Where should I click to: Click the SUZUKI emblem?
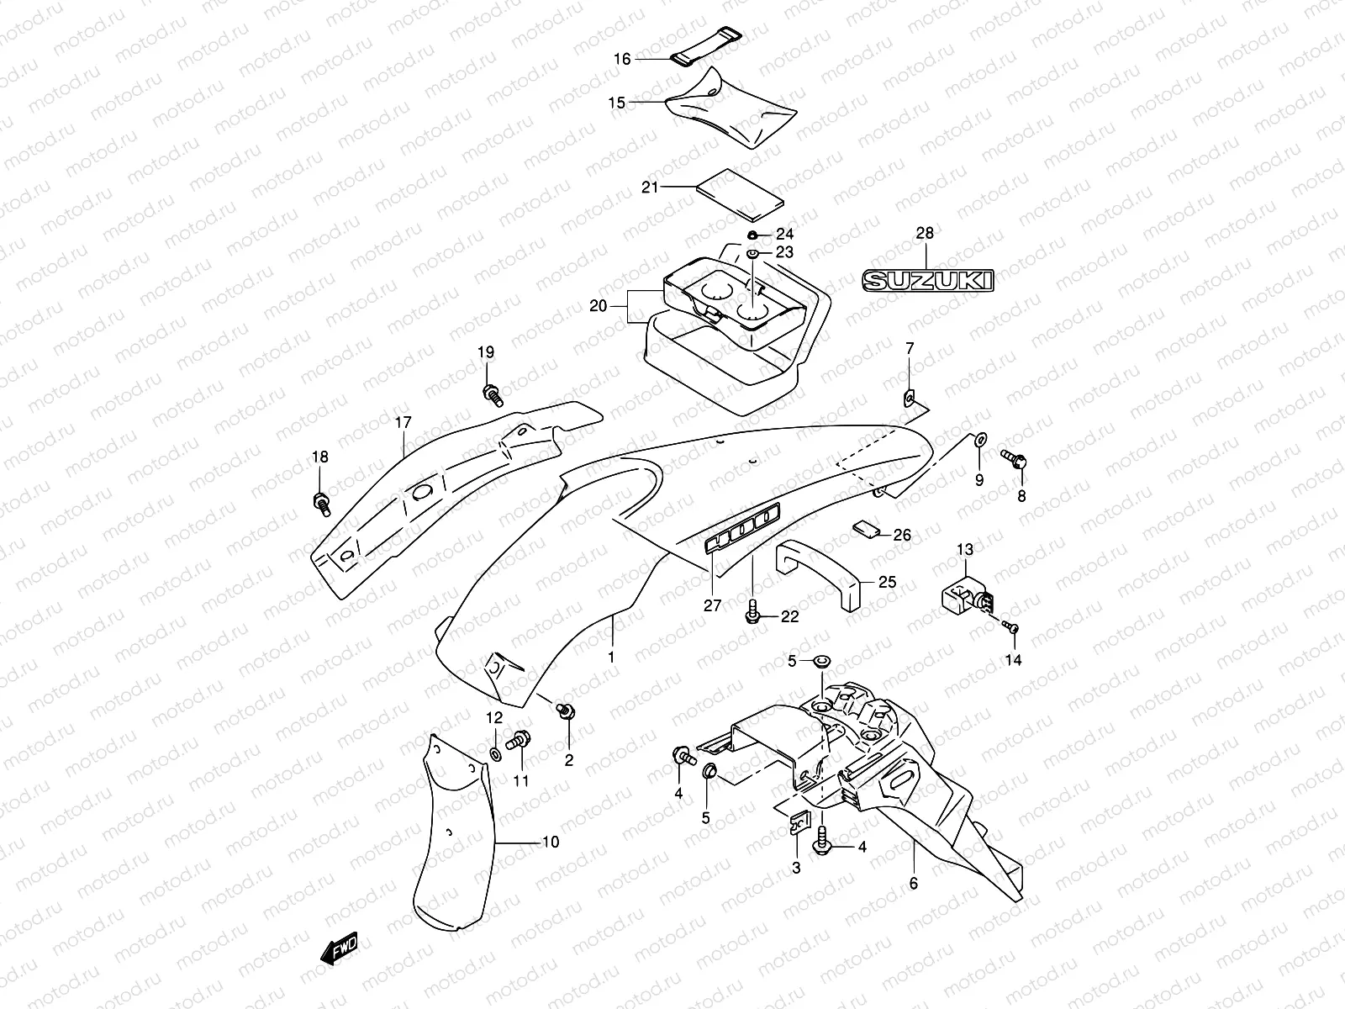927,281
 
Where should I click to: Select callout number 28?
924,234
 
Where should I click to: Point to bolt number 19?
491,393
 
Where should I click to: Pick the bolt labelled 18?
320,502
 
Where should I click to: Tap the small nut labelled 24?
753,235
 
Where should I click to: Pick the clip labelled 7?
909,395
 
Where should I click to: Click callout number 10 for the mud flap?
550,842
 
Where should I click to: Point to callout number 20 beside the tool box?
598,306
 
